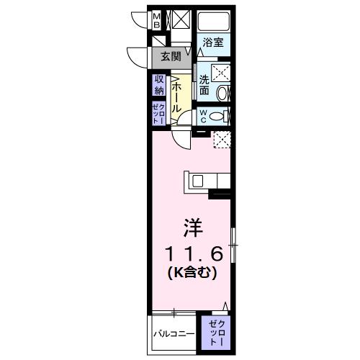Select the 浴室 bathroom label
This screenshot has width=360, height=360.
point(211,42)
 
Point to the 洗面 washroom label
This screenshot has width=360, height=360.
point(204,86)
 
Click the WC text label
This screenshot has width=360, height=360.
point(204,115)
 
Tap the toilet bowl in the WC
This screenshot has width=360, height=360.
point(222,115)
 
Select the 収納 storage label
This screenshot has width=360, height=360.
point(158,86)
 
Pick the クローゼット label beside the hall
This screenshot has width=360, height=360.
point(158,114)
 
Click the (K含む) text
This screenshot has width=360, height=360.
point(192,274)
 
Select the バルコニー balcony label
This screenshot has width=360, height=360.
point(174,334)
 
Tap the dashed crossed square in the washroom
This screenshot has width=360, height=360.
point(220,73)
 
